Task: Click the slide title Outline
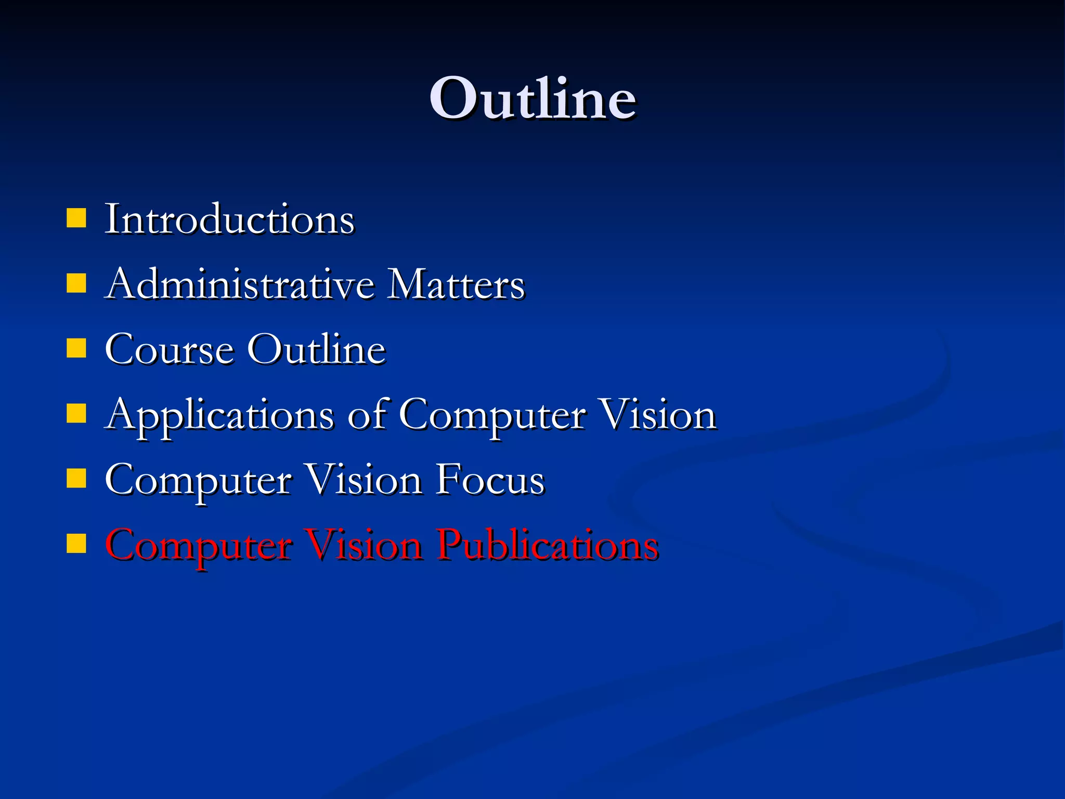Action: (532, 99)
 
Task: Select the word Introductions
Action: (229, 220)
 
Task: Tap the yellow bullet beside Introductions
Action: (76, 218)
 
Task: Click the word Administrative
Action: (240, 285)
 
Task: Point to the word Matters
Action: (456, 285)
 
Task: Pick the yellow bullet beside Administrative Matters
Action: (76, 284)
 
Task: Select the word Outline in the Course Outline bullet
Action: (316, 350)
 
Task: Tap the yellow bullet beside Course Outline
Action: (76, 349)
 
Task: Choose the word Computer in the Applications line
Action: (492, 416)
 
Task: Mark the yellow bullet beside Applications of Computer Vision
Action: (76, 414)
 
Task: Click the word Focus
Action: (490, 480)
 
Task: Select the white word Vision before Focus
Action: (363, 480)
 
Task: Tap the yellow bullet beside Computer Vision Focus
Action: (76, 479)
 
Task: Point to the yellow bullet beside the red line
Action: (76, 544)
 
